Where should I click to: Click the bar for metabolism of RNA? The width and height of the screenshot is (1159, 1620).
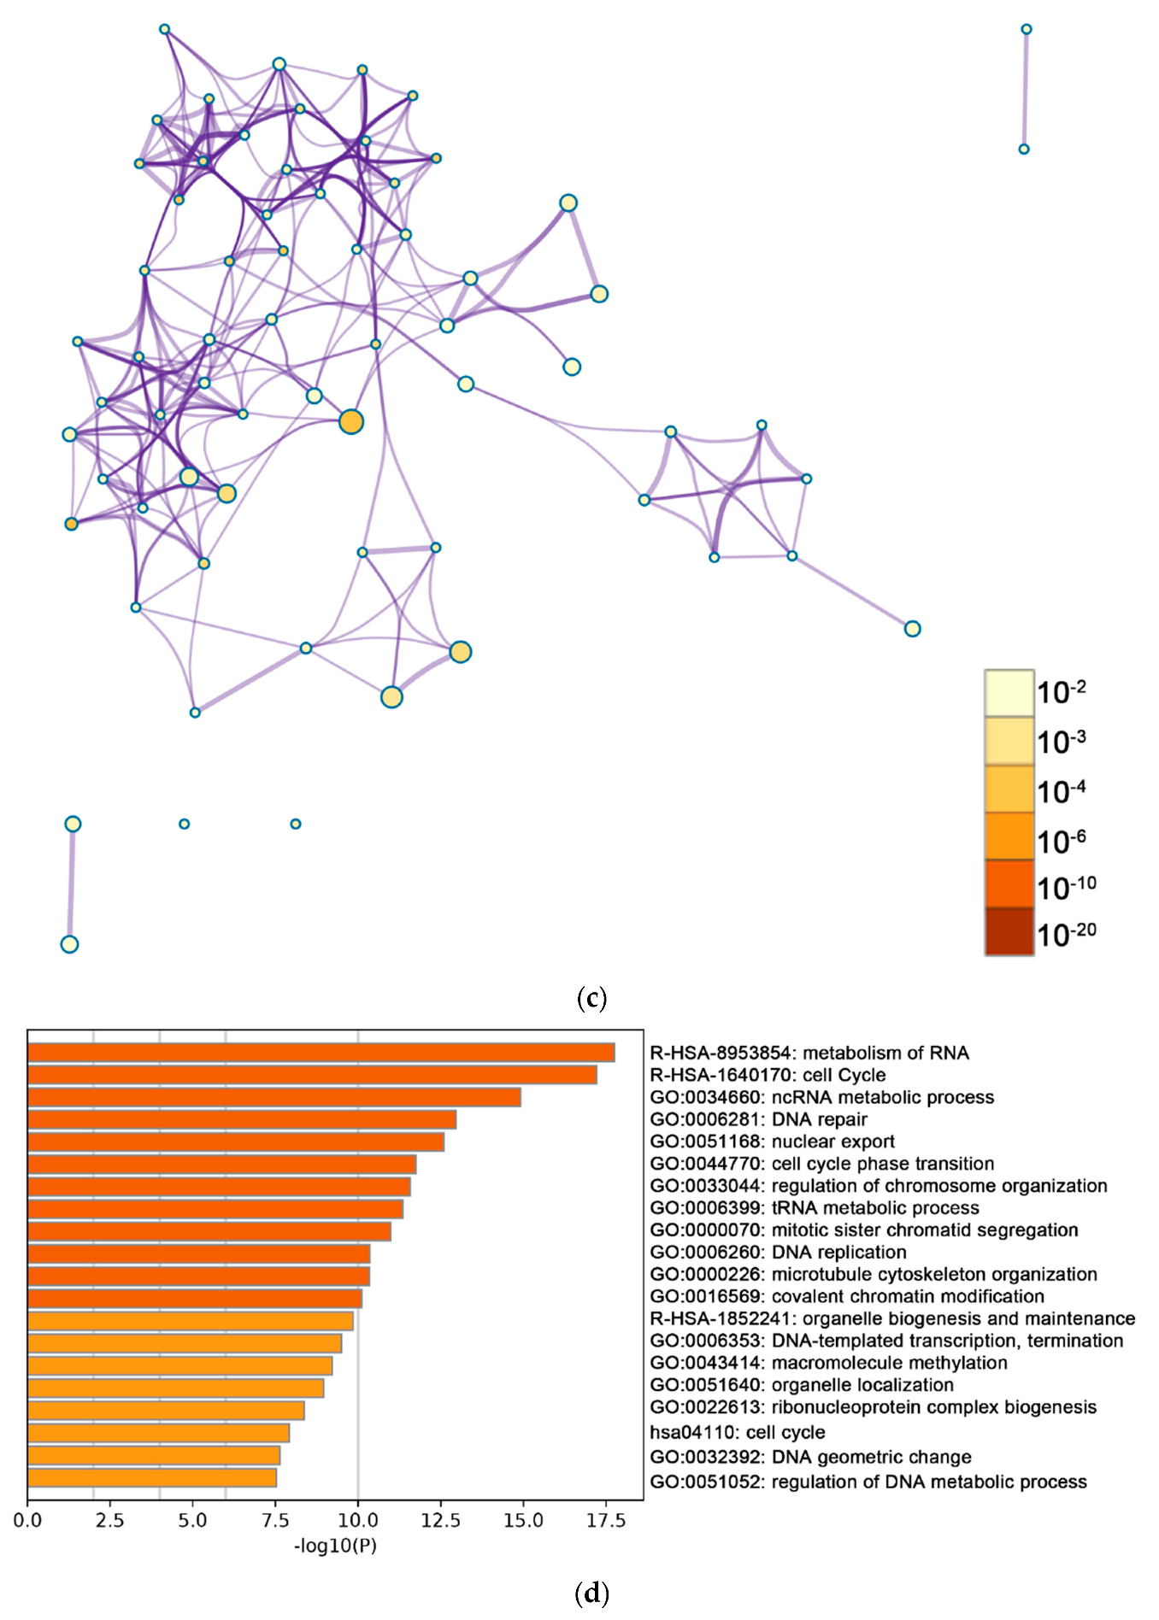coord(321,1053)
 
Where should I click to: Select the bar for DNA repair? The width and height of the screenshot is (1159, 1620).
coord(241,1119)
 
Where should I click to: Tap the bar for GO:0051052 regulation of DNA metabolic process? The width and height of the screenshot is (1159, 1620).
coord(152,1477)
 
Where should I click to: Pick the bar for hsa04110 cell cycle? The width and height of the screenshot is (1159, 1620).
coord(158,1433)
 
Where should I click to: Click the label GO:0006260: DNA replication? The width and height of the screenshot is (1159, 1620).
coord(778,1253)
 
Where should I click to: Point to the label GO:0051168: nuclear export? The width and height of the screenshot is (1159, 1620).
coord(772,1142)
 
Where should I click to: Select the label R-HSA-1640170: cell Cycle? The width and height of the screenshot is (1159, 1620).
coord(768,1075)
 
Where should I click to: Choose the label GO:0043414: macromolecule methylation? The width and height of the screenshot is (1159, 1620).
coord(828,1363)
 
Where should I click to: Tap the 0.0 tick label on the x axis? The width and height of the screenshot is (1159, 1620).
coord(27,1520)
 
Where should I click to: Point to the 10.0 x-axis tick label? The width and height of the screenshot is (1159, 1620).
coord(358,1520)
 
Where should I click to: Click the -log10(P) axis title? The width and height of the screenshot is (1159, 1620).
coord(335,1545)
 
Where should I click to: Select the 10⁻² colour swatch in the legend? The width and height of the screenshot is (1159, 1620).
coord(1009,692)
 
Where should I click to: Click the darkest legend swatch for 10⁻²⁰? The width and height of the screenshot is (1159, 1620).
coord(1009,931)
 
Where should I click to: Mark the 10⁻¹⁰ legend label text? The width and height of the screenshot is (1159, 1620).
coord(1066,888)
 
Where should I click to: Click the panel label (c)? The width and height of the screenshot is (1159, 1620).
coord(591,997)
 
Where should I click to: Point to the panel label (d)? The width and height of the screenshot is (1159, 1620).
coord(591,1593)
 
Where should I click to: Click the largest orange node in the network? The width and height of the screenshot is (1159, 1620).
coord(351,422)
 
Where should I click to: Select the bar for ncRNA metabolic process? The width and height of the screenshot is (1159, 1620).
coord(274,1097)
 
